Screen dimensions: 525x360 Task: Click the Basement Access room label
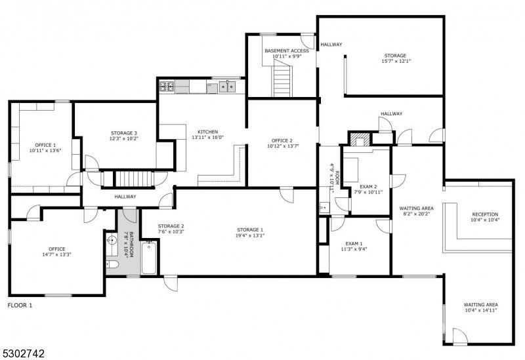[287, 51]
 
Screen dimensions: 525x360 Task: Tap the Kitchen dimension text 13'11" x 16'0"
[207, 137]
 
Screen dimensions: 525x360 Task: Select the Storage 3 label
[124, 133]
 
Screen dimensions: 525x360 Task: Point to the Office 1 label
[45, 145]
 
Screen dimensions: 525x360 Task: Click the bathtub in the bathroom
[149, 258]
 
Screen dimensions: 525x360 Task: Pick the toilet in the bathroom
[112, 265]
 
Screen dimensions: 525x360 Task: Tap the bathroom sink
[112, 241]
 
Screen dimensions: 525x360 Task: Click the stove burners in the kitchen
[167, 87]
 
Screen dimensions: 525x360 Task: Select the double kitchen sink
[227, 86]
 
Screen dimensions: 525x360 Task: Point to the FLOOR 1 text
[20, 306]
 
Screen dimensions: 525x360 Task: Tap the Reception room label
[485, 214]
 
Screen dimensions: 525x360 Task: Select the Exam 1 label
[354, 243]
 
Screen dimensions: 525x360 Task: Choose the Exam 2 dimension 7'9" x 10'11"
[368, 192]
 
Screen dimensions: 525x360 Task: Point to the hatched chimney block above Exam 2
[360, 140]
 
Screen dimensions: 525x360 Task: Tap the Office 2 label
[282, 140]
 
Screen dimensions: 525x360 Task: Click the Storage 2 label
[171, 226]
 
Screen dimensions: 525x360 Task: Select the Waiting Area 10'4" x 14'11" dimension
[481, 310]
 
